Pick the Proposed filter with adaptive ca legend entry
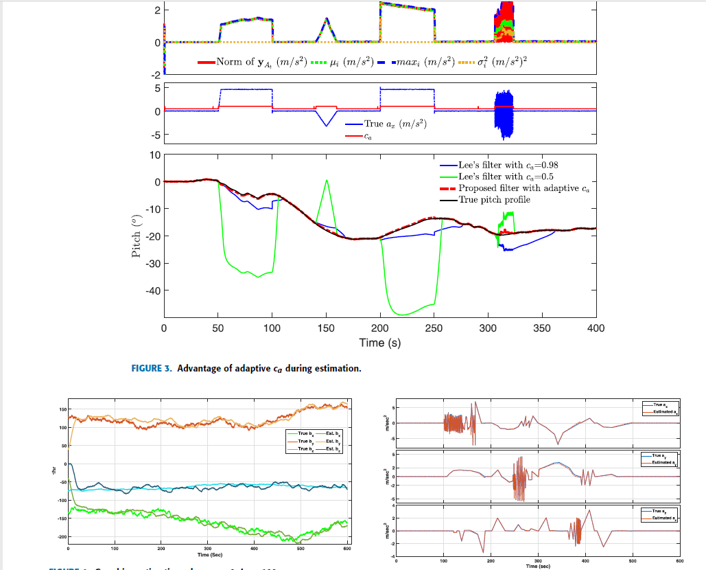(x=525, y=188)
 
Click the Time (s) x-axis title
(x=379, y=342)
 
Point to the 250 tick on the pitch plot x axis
(x=434, y=328)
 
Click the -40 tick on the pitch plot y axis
(x=152, y=290)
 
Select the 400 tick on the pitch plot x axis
(x=596, y=328)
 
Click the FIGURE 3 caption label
(x=151, y=369)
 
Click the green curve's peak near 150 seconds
(x=327, y=181)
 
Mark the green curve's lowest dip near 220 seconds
(x=402, y=315)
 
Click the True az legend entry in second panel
(x=390, y=124)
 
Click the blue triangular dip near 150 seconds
(x=327, y=125)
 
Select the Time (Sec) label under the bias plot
(x=208, y=554)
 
